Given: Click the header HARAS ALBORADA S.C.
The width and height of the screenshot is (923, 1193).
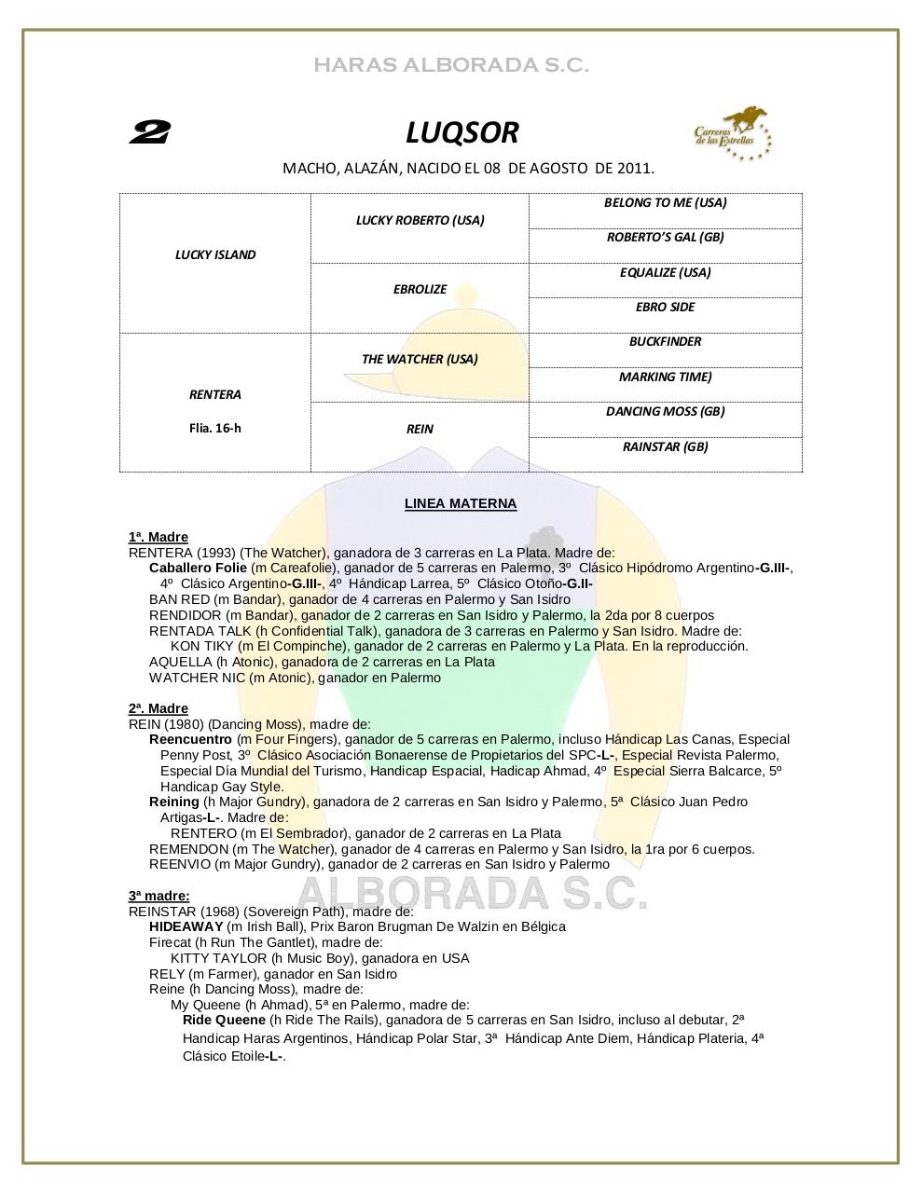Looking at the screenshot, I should (451, 65).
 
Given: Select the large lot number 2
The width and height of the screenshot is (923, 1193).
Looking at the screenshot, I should (149, 133).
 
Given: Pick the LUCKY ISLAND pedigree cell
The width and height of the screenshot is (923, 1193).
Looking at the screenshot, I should (215, 254).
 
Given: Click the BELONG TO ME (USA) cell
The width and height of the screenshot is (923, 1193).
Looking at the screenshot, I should (665, 202).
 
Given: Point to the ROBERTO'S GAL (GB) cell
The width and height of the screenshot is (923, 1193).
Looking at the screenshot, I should (665, 237).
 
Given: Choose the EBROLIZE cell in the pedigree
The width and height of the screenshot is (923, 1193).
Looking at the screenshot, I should (420, 289).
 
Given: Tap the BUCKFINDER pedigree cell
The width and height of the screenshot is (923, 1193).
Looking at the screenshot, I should (665, 341).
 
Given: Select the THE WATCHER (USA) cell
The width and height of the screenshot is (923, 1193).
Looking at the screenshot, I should (420, 359).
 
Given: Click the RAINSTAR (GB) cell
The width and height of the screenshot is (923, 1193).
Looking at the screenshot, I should (665, 446).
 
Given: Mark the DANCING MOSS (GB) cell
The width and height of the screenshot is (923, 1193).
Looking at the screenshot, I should (665, 411).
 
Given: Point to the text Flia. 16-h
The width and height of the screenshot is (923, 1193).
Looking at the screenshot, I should (215, 429).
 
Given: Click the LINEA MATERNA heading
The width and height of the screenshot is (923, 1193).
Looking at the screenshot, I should (461, 503).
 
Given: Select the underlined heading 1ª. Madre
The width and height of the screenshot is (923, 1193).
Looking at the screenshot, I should (158, 537).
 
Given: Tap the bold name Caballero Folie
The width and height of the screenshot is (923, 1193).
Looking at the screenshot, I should (198, 568).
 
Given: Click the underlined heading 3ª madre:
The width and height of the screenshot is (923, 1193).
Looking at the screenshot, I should (159, 896).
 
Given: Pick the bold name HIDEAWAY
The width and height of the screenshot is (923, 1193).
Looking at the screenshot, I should (186, 926).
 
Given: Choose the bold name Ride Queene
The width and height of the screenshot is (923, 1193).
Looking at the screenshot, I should (224, 1020).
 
